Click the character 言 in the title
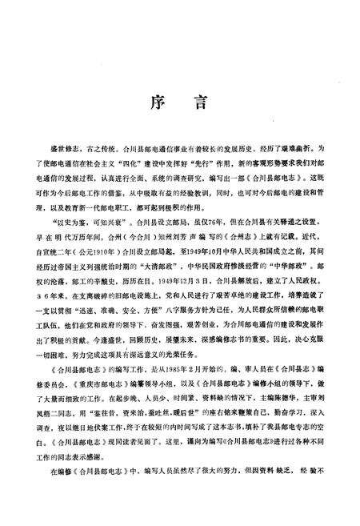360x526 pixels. [202, 103]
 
